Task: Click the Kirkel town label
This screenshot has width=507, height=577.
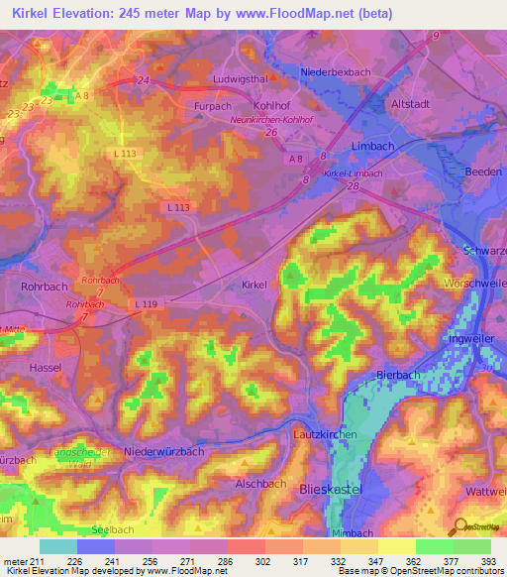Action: [x=254, y=285]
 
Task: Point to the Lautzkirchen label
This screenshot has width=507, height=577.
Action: [x=322, y=435]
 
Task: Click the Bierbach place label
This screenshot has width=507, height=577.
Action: [x=400, y=374]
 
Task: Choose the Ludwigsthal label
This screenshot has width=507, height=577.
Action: [x=241, y=78]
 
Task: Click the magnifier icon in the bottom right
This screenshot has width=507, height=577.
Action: [x=458, y=527]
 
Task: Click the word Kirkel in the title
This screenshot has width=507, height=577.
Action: [x=36, y=14]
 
